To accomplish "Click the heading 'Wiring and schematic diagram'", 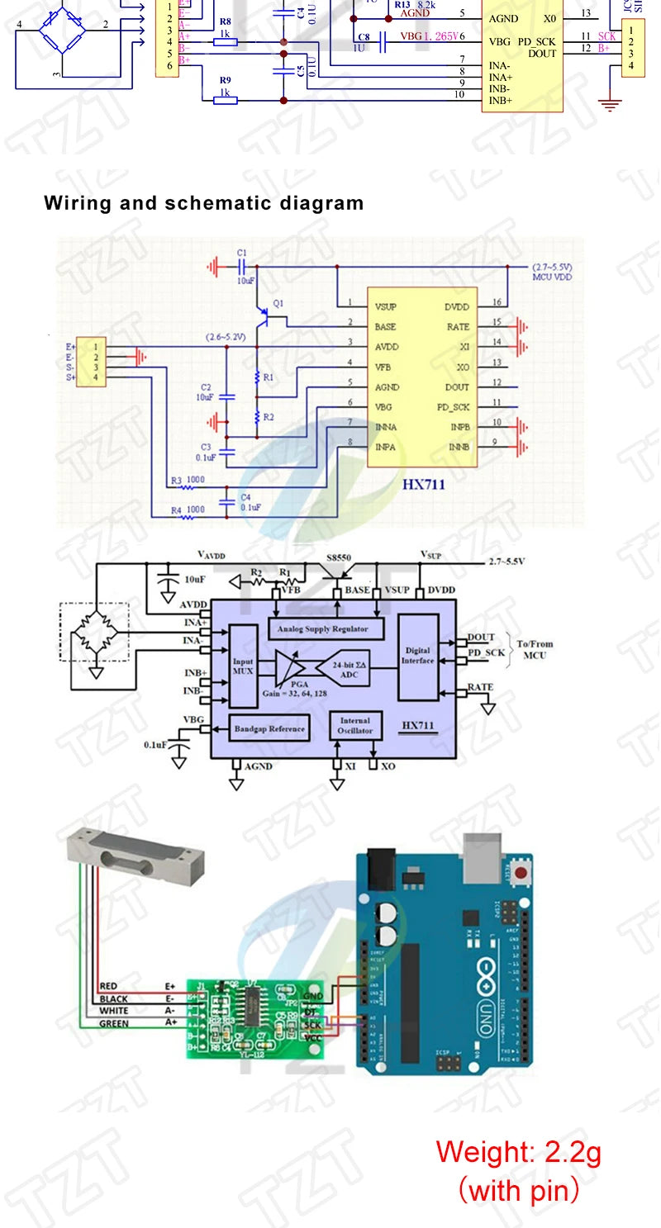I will pyautogui.click(x=203, y=203).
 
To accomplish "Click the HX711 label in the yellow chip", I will pyautogui.click(x=423, y=484).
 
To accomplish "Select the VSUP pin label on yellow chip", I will pyautogui.click(x=385, y=306).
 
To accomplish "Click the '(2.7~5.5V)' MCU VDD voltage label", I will pyautogui.click(x=553, y=268).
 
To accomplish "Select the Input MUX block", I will pyautogui.click(x=243, y=666).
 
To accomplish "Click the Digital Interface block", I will pyautogui.click(x=417, y=657).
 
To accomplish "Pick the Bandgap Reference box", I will pyautogui.click(x=270, y=728).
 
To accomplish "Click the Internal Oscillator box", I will pyautogui.click(x=355, y=725).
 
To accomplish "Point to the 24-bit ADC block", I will pyautogui.click(x=350, y=669).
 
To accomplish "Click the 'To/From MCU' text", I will pyautogui.click(x=535, y=650).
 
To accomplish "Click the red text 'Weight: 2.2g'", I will pyautogui.click(x=518, y=1151).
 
